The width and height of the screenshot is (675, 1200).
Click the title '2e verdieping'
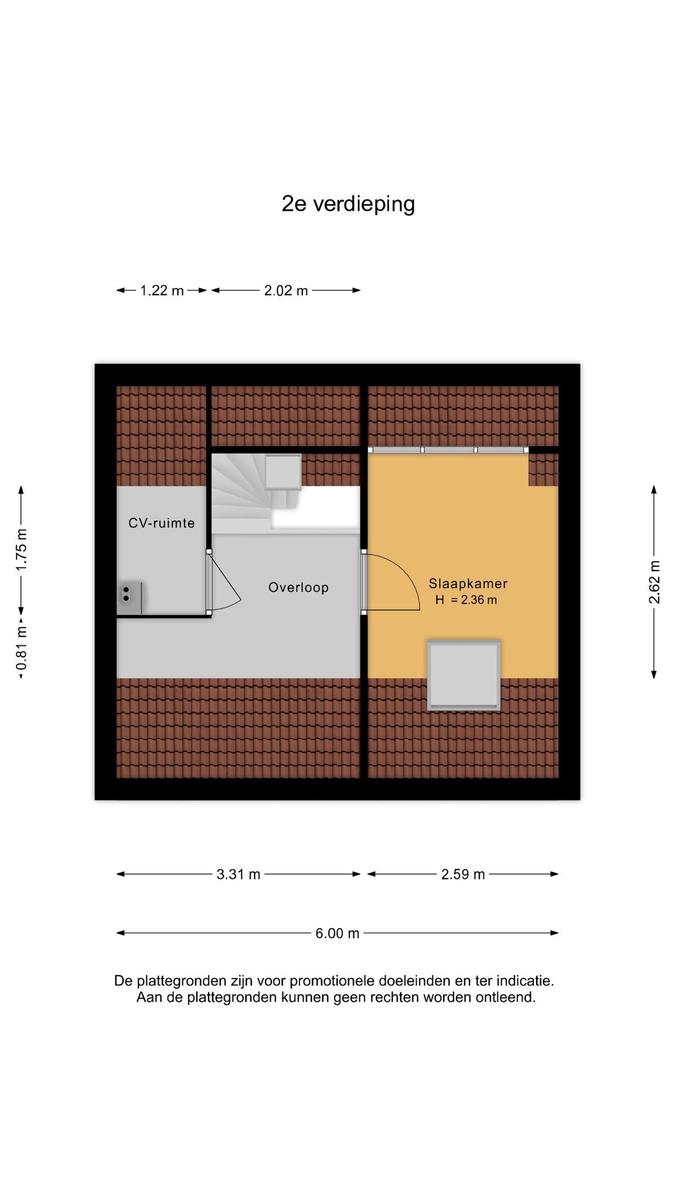coord(348,204)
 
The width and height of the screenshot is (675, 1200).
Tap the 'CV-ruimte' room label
coord(162,523)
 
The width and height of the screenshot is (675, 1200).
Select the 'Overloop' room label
coord(298,587)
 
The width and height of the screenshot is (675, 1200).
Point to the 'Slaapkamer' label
coord(468,584)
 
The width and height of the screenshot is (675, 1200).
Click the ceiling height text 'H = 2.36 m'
coord(466,600)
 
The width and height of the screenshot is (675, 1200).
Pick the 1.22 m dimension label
coord(162,290)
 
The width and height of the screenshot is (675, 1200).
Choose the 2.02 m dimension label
coord(286,290)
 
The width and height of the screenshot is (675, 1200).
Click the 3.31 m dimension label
coord(238,874)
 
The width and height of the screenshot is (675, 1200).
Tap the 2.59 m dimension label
coord(463,874)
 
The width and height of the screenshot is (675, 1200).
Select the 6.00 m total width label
coord(337,933)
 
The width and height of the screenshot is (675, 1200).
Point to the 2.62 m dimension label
coord(654,582)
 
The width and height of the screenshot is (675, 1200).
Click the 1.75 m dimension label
coord(22,550)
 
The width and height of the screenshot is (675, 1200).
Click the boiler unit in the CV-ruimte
coord(130,598)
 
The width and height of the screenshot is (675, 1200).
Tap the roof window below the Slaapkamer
coord(464,675)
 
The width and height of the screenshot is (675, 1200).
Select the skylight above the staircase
coord(283,472)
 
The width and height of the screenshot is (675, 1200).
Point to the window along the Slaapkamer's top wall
coord(448,450)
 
